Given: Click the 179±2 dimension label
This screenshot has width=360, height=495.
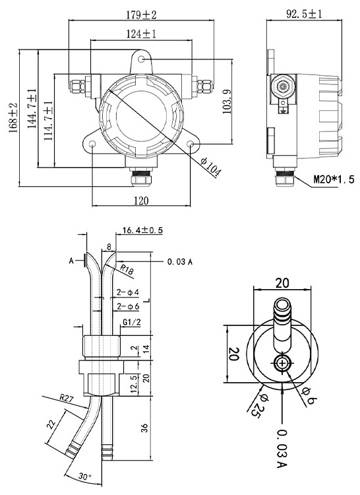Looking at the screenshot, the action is click(x=141, y=15).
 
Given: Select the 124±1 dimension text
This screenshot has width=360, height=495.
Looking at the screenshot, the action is click(x=141, y=34).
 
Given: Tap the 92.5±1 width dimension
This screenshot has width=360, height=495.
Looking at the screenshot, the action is click(x=304, y=14).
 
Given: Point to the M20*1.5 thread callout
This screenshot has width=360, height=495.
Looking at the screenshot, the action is click(x=334, y=180).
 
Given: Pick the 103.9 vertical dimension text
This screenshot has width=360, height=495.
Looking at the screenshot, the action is click(x=227, y=102).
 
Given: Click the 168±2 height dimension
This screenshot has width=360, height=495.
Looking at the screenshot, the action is click(x=14, y=118).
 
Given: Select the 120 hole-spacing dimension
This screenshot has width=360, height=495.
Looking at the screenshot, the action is click(x=141, y=201).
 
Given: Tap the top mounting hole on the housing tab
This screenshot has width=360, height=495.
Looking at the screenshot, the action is click(x=142, y=59).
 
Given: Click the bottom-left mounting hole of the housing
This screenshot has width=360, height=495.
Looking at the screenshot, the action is click(x=93, y=145).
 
